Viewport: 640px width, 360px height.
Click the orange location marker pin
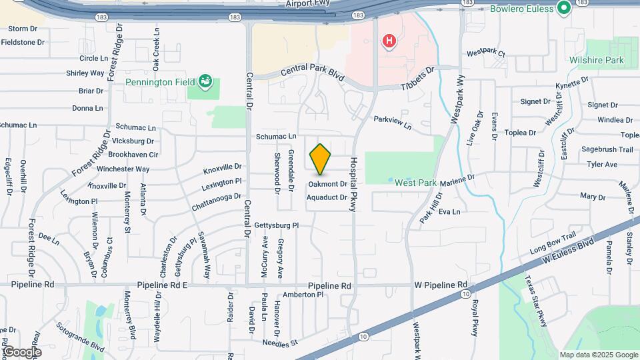click(321, 158)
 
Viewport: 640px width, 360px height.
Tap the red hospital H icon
click(388, 41)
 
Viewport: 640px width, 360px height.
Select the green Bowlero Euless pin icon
click(564, 9)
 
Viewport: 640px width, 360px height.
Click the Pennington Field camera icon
click(206, 82)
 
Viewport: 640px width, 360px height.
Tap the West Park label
click(415, 182)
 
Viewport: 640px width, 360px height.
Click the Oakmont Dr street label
click(327, 183)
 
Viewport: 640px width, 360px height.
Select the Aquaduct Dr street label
click(327, 197)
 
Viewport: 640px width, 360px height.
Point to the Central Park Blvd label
click(312, 73)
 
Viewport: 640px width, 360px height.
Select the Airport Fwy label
click(307, 4)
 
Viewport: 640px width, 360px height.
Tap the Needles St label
click(280, 343)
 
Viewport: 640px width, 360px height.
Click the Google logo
click(21, 351)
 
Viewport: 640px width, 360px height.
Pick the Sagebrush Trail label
click(607, 149)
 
